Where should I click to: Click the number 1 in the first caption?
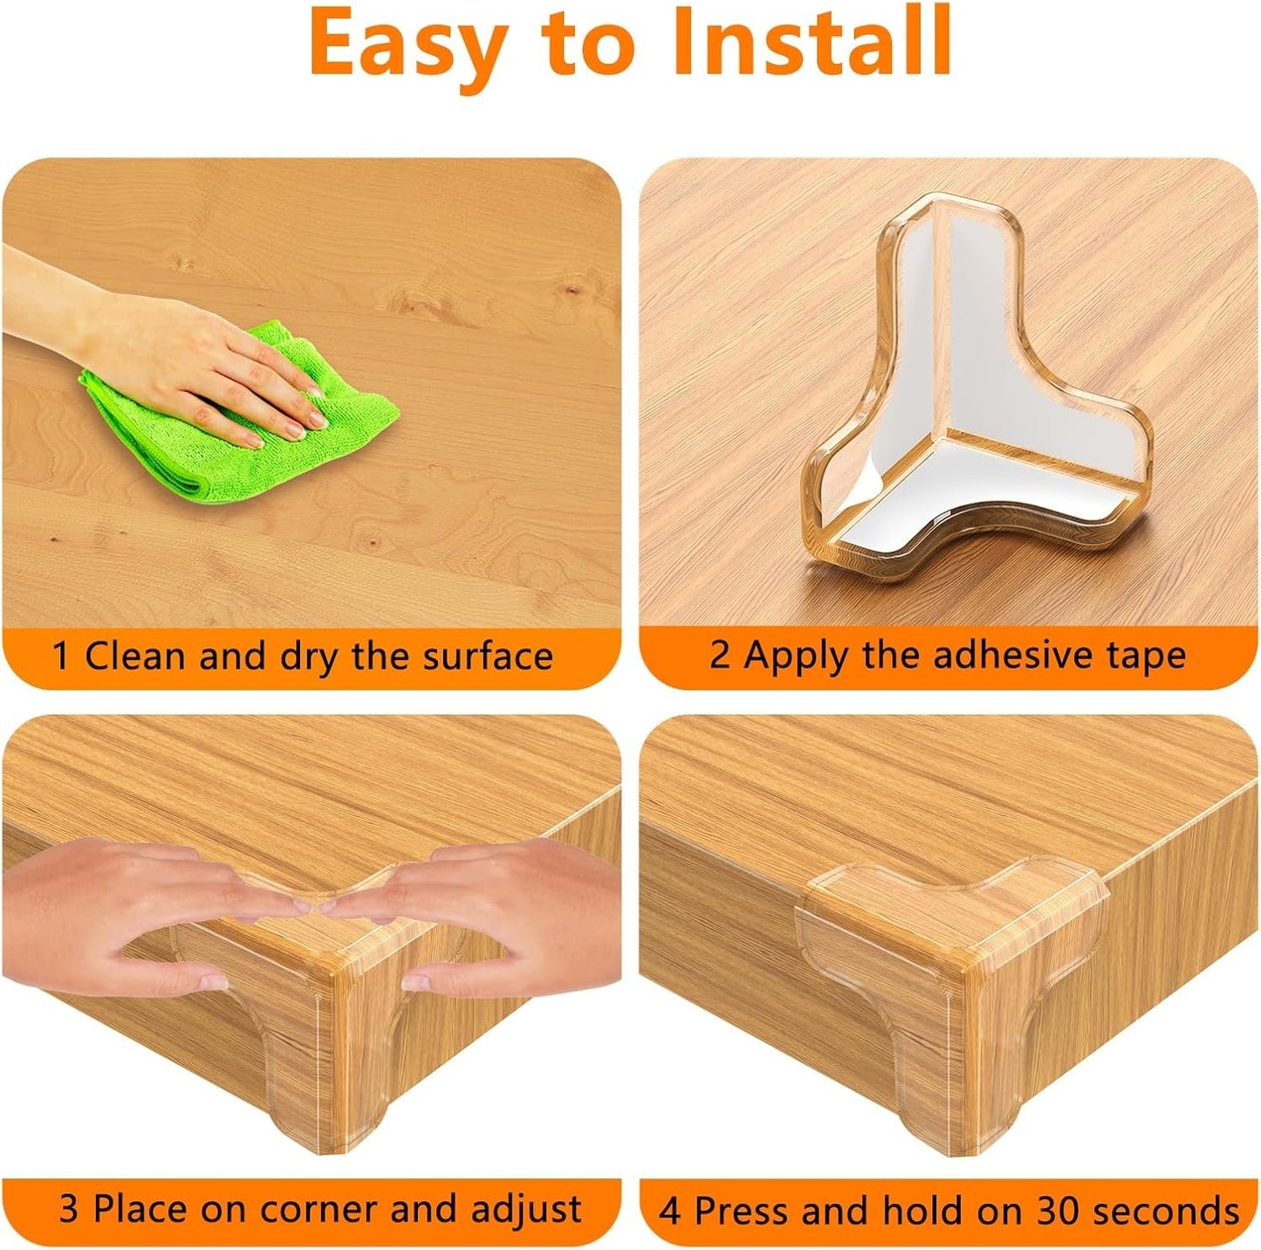[61, 656]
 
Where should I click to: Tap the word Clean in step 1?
[136, 656]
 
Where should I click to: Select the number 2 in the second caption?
[719, 655]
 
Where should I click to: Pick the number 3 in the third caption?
[69, 1210]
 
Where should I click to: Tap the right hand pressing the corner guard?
[497, 917]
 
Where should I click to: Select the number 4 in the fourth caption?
[670, 1212]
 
